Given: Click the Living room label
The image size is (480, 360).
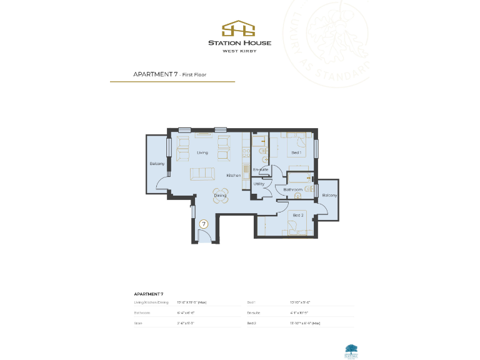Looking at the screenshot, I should pyautogui.click(x=202, y=152).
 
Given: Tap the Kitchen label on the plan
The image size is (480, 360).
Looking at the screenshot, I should pyautogui.click(x=233, y=176).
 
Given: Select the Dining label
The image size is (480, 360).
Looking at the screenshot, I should pyautogui.click(x=220, y=196).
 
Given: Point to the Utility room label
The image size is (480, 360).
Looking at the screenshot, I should pyautogui.click(x=259, y=184).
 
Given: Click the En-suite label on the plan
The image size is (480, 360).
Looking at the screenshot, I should pyautogui.click(x=261, y=169).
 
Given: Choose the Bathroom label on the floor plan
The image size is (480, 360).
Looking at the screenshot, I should pyautogui.click(x=292, y=189).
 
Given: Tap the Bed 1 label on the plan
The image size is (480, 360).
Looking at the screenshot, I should pyautogui.click(x=296, y=152).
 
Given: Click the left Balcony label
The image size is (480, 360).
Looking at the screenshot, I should pyautogui.click(x=157, y=164).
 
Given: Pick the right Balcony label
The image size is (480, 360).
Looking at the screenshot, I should pyautogui.click(x=329, y=196).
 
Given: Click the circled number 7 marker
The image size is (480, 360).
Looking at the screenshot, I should pyautogui.click(x=203, y=223).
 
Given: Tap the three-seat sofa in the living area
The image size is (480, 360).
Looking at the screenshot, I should pyautogui.click(x=202, y=173).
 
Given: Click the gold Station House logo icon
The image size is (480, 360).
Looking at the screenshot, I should pyautogui.click(x=239, y=29).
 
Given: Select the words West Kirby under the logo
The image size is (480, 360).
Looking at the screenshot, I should pyautogui.click(x=239, y=51).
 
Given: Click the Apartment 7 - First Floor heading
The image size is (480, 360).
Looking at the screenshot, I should pyautogui.click(x=169, y=74).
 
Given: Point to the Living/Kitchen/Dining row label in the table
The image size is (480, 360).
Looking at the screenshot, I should pyautogui.click(x=151, y=302).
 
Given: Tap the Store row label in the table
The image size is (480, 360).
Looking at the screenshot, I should pyautogui.click(x=138, y=323).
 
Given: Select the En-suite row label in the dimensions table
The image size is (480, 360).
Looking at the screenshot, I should pyautogui.click(x=253, y=312).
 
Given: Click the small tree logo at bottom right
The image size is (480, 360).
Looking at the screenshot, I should pyautogui.click(x=351, y=349).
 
